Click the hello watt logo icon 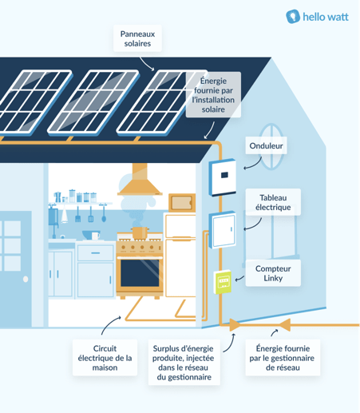coord(293,17)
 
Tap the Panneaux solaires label coord(137,38)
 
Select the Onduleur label coord(266,145)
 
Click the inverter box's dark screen coord(224,175)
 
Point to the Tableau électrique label coord(273,202)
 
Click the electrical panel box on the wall coord(223,229)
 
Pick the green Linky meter coord(223,282)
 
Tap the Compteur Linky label coord(273,273)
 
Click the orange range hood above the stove coord(140,180)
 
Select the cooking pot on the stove coord(139,232)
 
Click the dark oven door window coord(140,272)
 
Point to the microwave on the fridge coord(182,203)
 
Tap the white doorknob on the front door coord(26,279)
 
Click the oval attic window coord(271,146)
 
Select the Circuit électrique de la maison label coord(105,358)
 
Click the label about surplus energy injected coord(184,363)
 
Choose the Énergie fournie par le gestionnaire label coord(283,358)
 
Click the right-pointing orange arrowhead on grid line coord(235,325)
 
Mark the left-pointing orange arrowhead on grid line coord(285,325)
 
